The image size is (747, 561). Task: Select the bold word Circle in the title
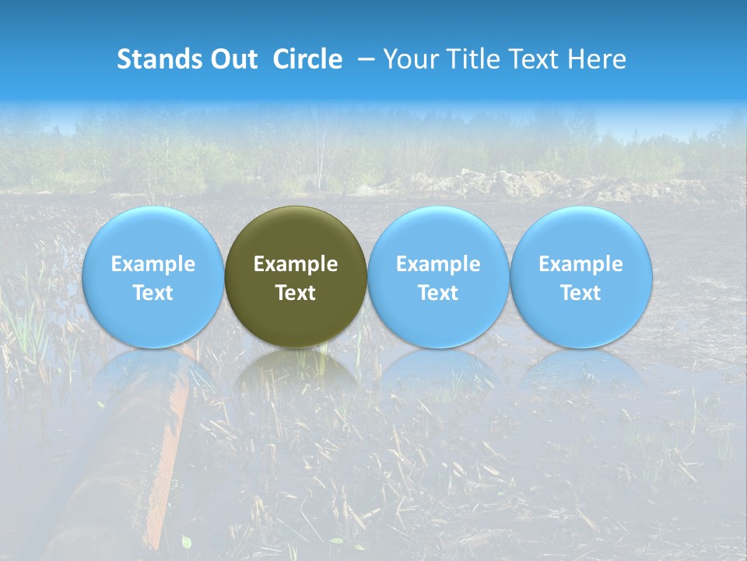click(x=307, y=59)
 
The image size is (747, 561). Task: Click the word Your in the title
click(x=409, y=59)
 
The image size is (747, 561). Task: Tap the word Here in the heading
click(x=598, y=59)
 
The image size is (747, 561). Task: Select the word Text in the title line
click(x=534, y=59)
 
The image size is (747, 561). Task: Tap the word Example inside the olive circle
click(x=296, y=264)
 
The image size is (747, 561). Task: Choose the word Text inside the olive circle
click(x=296, y=293)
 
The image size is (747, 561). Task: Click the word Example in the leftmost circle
click(x=153, y=264)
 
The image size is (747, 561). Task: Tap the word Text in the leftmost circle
click(x=153, y=293)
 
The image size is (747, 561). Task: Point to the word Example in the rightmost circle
click(x=580, y=264)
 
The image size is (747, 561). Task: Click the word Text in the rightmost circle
click(x=580, y=293)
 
